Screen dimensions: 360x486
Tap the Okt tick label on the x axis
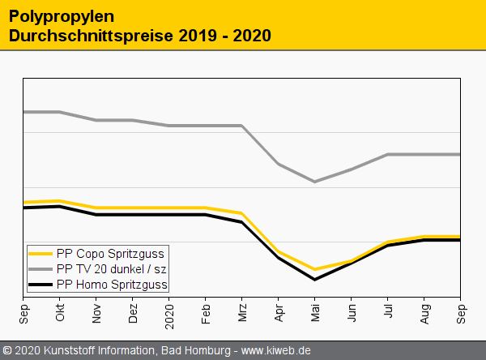click(x=60, y=314)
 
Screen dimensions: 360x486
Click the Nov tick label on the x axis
click(x=96, y=314)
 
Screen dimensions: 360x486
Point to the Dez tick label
click(x=133, y=314)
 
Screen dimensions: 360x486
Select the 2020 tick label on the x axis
click(x=169, y=315)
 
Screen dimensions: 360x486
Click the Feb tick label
click(x=206, y=314)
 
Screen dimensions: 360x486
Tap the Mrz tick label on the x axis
click(x=242, y=314)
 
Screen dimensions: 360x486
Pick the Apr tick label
click(x=279, y=314)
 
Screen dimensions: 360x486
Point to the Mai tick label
click(x=315, y=314)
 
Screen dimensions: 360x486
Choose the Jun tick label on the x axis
click(x=352, y=314)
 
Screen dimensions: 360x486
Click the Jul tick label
click(x=388, y=312)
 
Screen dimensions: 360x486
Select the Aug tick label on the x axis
click(x=424, y=314)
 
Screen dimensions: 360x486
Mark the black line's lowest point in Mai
click(x=315, y=280)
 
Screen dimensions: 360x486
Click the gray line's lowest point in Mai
click(x=315, y=182)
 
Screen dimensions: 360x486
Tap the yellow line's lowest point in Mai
click(x=315, y=269)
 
